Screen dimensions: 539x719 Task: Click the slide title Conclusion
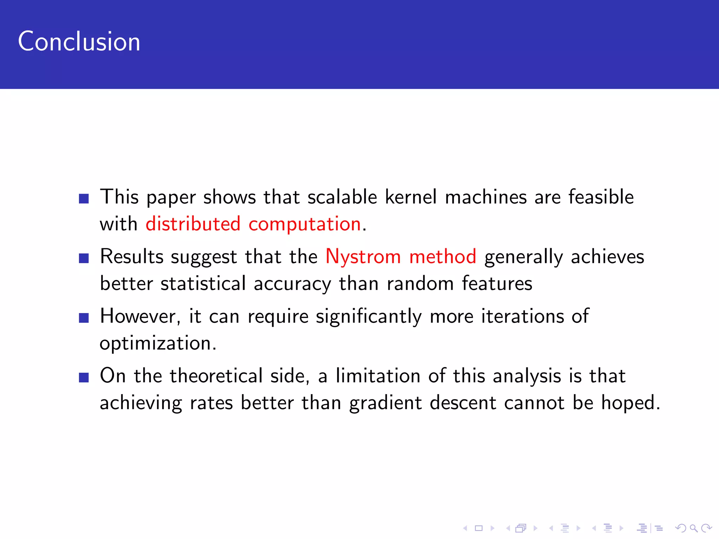pos(79,41)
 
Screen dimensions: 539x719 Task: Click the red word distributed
pos(193,224)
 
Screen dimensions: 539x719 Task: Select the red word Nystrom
pos(363,257)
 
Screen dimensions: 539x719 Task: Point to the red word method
pos(443,256)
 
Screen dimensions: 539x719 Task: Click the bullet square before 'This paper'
pos(84,199)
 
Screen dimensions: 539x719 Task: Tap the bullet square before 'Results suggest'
pos(84,258)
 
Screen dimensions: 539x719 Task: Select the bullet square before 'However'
pos(84,318)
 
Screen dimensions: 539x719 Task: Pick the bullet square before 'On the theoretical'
pos(84,378)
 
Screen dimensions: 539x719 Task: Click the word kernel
pos(411,197)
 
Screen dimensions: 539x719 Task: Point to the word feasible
pos(601,197)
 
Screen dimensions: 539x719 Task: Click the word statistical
pos(203,283)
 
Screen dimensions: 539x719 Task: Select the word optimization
pos(158,344)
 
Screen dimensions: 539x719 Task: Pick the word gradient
pos(385,403)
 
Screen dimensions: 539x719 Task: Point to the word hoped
pos(631,403)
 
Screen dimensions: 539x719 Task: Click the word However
pos(140,316)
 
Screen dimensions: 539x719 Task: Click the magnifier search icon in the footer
pos(693,528)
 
